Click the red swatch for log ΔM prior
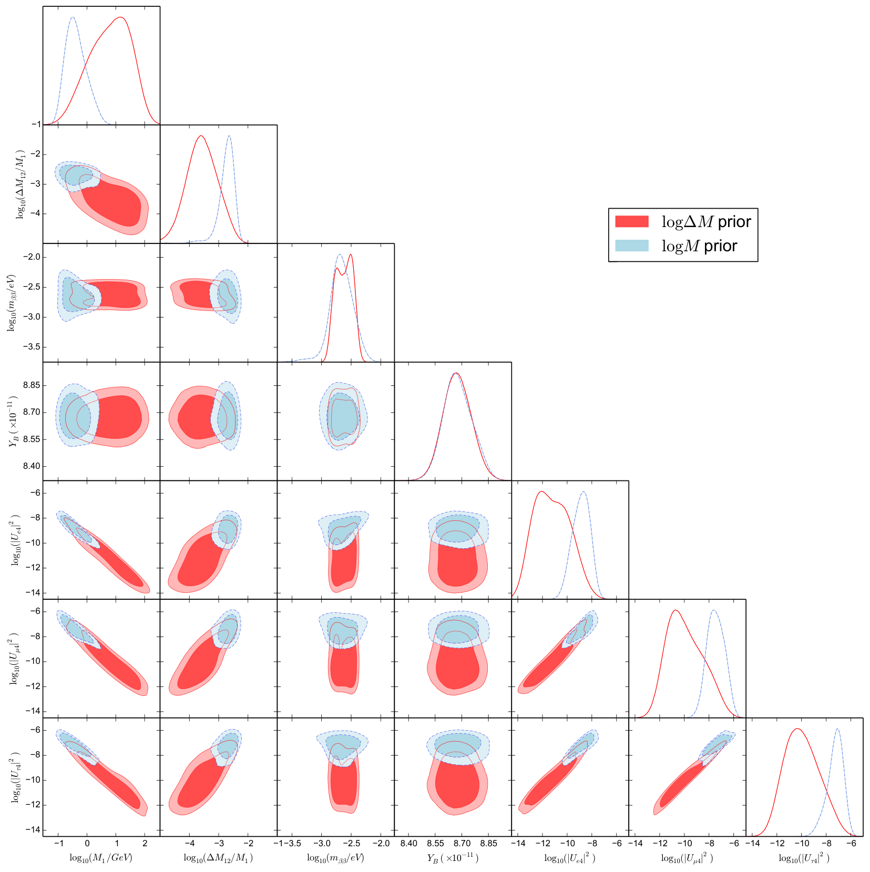click(x=631, y=221)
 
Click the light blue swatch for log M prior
click(x=631, y=245)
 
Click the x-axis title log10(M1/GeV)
click(x=101, y=858)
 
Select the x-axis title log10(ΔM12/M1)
click(x=218, y=858)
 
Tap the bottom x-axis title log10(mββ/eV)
click(x=335, y=858)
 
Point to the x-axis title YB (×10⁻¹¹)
click(x=453, y=858)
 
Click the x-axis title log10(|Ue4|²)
click(x=570, y=858)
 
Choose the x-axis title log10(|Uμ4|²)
click(x=687, y=858)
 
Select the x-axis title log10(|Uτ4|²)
click(x=804, y=858)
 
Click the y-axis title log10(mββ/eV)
click(x=11, y=303)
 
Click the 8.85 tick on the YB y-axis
click(x=31, y=385)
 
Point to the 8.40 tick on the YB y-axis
click(x=31, y=466)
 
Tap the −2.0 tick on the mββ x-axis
click(x=381, y=843)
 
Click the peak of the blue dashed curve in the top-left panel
click(x=73, y=17)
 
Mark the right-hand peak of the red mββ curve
click(x=350, y=255)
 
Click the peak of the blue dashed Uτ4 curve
click(x=837, y=729)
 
